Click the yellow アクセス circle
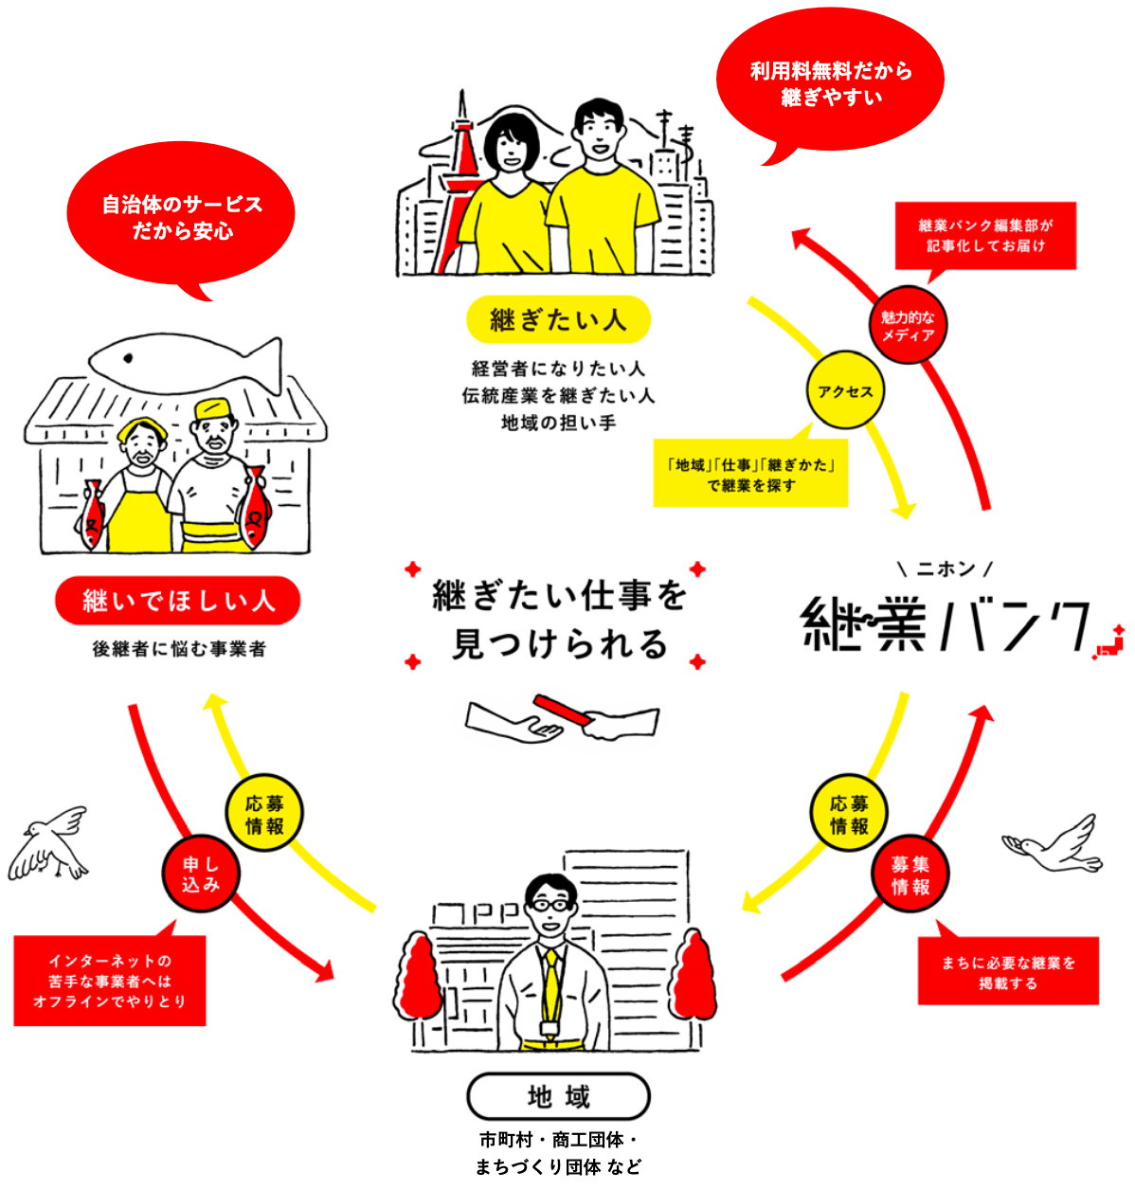(x=845, y=391)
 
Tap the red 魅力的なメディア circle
(x=908, y=326)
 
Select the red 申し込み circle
(x=201, y=874)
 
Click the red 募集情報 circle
(x=910, y=875)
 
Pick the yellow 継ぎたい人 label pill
(x=558, y=320)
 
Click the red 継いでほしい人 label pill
(x=178, y=601)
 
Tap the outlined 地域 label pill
(x=558, y=1097)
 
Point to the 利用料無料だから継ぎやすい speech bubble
(x=831, y=83)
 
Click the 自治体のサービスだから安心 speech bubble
(x=182, y=217)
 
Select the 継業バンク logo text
(x=947, y=624)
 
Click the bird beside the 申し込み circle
(x=51, y=843)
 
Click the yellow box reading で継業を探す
(x=750, y=475)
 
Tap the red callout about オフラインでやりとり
(x=110, y=981)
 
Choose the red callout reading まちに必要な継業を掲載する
(x=1008, y=972)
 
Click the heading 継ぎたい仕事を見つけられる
(x=559, y=620)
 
